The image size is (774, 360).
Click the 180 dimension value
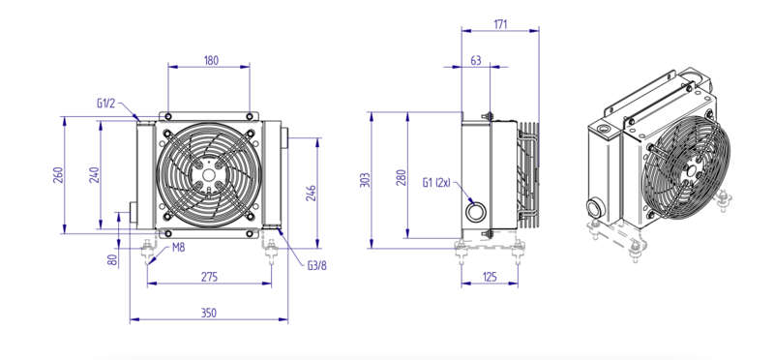211,61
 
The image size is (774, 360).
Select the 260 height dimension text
58,175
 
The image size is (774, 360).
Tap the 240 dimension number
94,175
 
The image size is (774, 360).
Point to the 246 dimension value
311,195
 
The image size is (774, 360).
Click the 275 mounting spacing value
209,277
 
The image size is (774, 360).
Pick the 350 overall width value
209,314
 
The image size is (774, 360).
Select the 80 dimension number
113,260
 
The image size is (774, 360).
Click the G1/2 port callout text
105,104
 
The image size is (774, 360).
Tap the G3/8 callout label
317,266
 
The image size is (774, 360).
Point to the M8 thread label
178,248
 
